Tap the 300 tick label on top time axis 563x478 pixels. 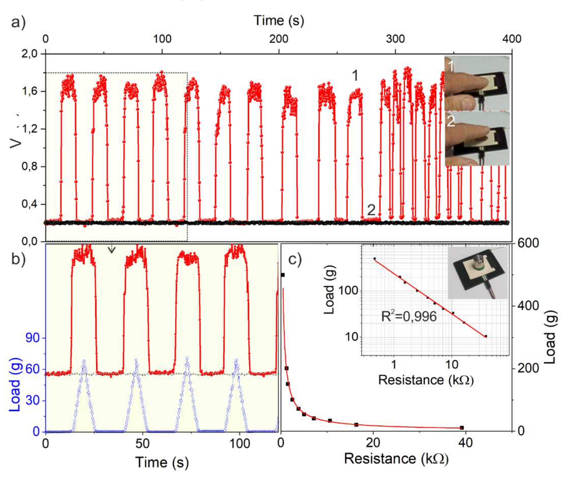click(x=395, y=39)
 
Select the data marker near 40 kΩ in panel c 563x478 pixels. click(x=462, y=428)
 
